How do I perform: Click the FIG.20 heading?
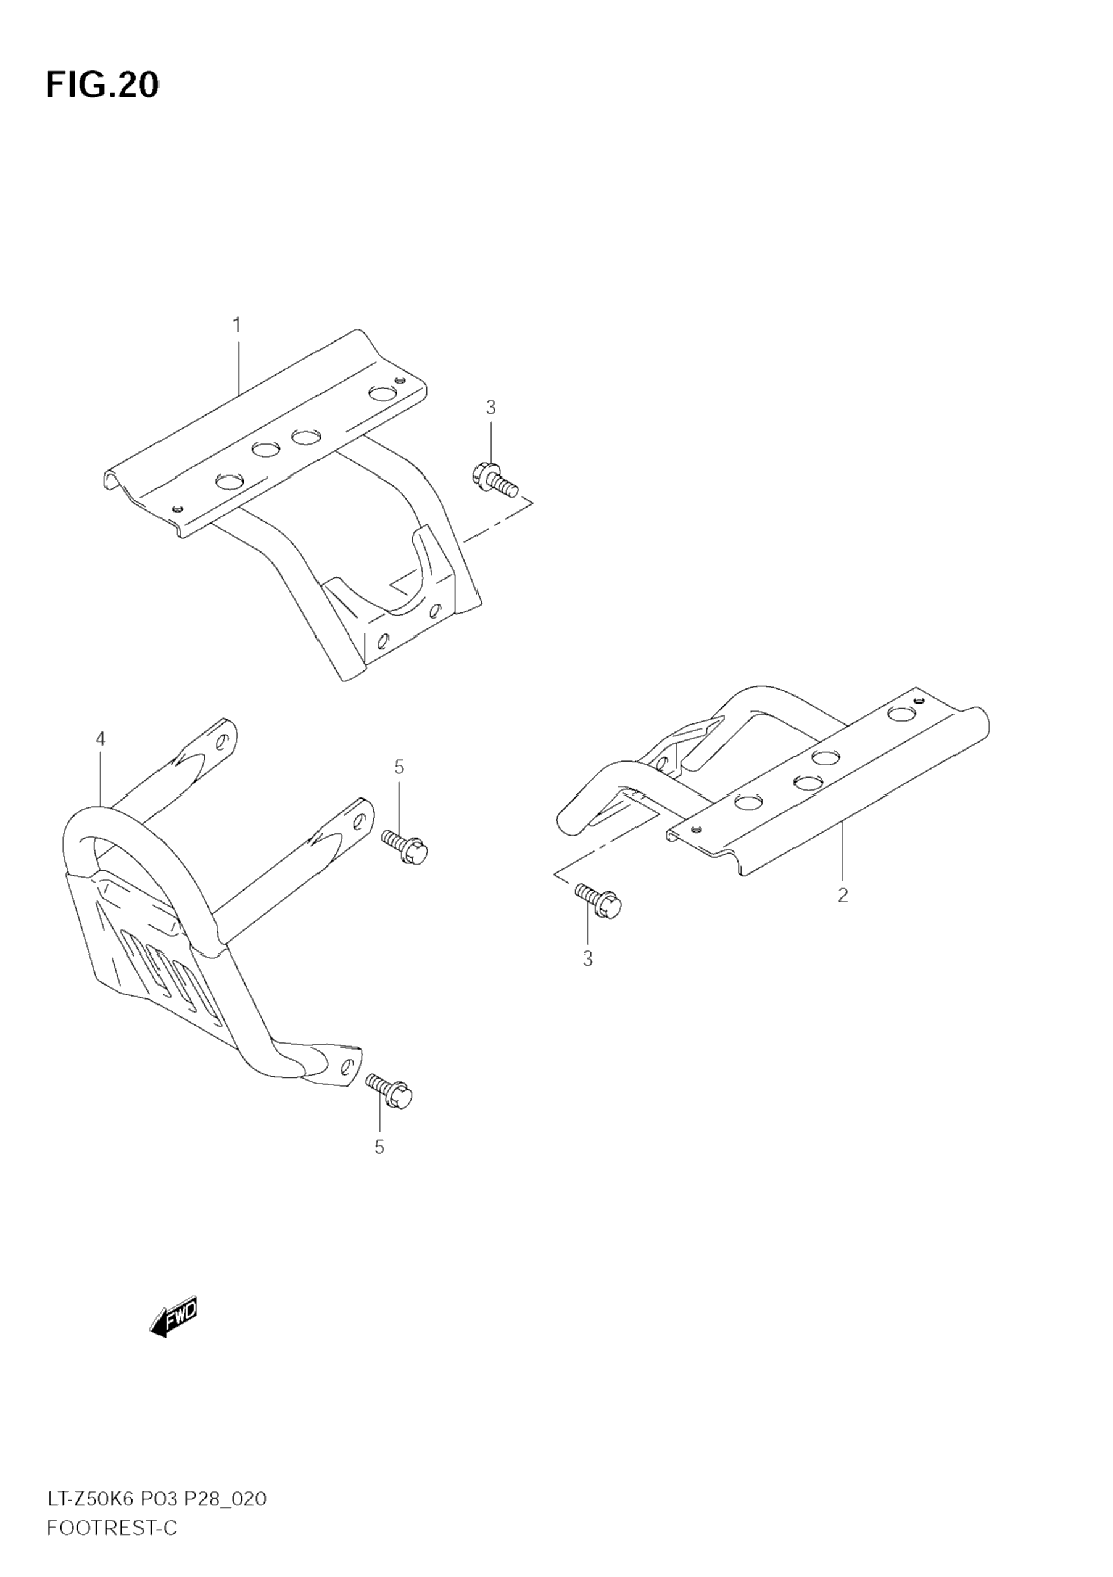pos(102,85)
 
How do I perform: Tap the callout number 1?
pos(237,325)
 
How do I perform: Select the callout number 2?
pos(842,895)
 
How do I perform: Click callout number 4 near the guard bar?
pos(101,739)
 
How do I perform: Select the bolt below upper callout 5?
pos(405,846)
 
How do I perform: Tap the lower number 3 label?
pos(587,959)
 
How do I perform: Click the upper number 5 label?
pos(399,767)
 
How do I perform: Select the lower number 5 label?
pos(379,1147)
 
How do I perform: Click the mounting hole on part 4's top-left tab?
pos(222,742)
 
